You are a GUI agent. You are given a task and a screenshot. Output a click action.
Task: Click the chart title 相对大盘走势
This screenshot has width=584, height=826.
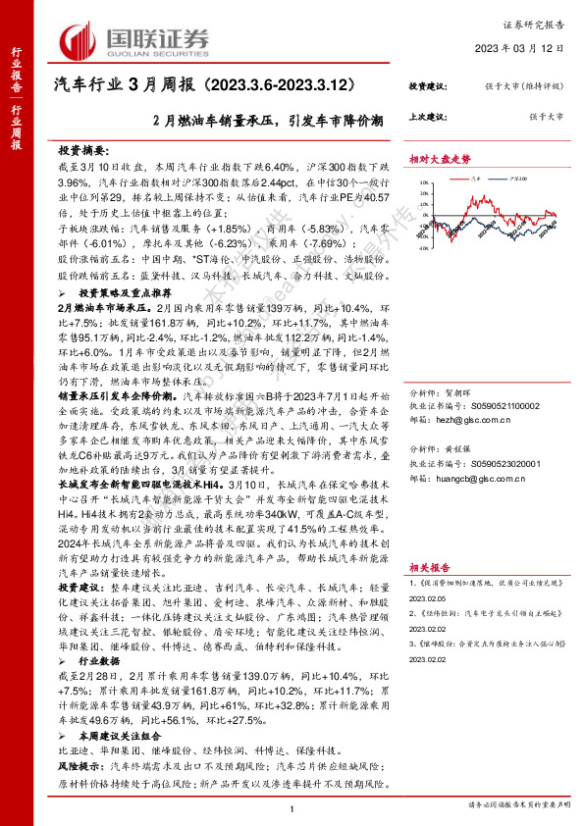coord(441,157)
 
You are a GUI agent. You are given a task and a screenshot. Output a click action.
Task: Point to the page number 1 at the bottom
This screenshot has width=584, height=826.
coord(292,807)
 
